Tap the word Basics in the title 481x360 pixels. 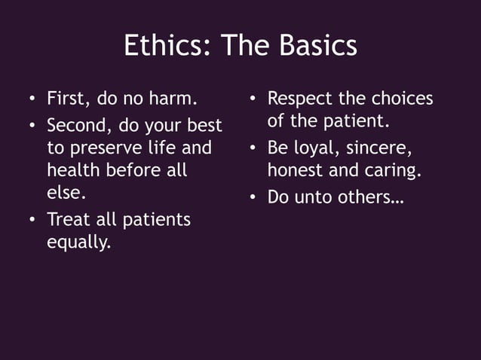tap(318, 47)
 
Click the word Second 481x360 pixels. tap(75, 123)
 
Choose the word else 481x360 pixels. tap(63, 194)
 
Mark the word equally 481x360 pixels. tap(78, 243)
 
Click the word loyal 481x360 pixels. tap(317, 147)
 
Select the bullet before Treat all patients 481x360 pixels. tap(31, 220)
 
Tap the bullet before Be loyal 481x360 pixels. tap(253, 148)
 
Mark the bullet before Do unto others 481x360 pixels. tap(253, 197)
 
